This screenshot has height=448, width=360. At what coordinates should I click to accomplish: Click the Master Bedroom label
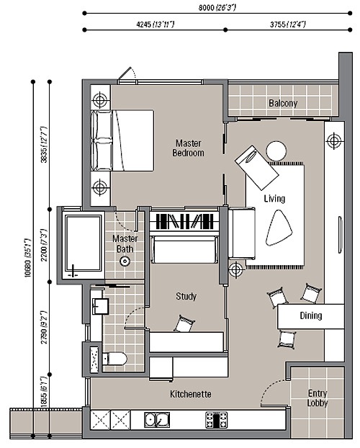click(x=189, y=148)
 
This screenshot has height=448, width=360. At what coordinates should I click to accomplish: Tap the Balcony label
click(x=283, y=103)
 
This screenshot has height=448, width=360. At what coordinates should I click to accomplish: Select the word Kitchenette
click(x=191, y=394)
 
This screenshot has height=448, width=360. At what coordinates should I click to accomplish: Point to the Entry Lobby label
click(x=318, y=398)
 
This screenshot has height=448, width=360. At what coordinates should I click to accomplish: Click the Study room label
click(x=186, y=296)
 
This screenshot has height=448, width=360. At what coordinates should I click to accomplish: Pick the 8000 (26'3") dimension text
click(x=217, y=7)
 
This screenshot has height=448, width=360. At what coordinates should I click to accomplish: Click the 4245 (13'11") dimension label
click(x=155, y=24)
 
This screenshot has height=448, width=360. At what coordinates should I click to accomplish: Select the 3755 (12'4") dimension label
click(x=288, y=24)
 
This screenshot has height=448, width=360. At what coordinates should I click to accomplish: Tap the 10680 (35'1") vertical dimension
click(x=27, y=257)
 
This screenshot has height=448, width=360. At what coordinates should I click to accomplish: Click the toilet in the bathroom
click(x=114, y=359)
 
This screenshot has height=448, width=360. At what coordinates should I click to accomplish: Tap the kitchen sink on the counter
click(x=157, y=419)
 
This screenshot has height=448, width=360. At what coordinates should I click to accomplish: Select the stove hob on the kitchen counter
click(x=216, y=420)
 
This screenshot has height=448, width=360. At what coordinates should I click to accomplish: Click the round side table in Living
click(x=276, y=151)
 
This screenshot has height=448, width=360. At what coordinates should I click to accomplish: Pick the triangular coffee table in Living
click(x=279, y=228)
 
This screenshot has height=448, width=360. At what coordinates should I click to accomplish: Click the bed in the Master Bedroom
click(x=122, y=140)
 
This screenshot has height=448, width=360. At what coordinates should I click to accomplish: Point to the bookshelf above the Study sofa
click(x=185, y=222)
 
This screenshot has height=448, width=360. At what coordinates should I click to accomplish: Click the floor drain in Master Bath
click(x=125, y=261)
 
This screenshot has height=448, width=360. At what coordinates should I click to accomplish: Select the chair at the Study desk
click(x=184, y=323)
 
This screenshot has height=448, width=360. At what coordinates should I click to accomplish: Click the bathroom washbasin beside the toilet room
click(x=100, y=306)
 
